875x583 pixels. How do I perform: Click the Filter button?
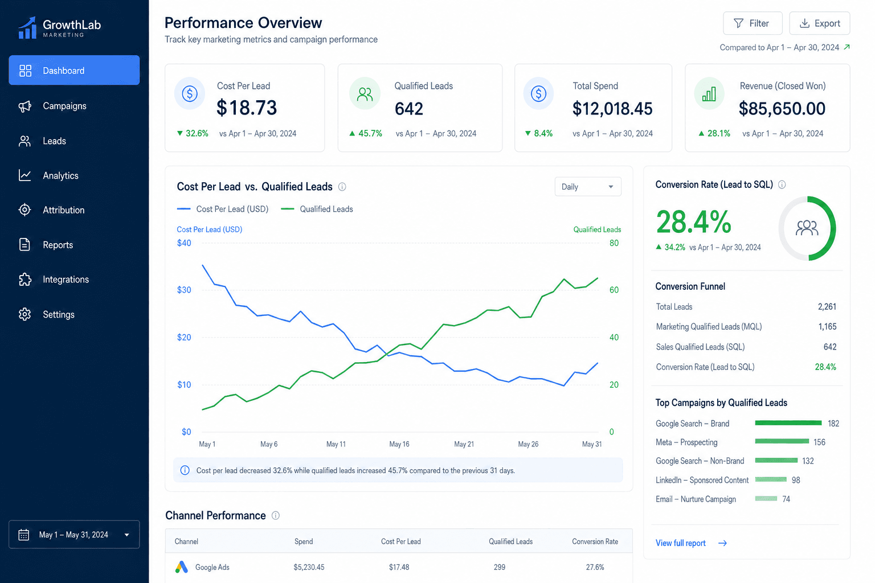(x=753, y=23)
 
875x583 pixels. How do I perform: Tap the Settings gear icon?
(x=24, y=314)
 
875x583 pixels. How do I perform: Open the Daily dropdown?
(x=587, y=187)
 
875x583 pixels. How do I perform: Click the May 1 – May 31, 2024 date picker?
(x=74, y=534)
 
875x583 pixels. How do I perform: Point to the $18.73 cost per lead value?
(x=247, y=108)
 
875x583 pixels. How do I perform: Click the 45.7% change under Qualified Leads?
(x=366, y=134)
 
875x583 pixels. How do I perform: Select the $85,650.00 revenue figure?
(x=782, y=109)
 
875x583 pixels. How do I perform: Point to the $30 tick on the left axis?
(x=184, y=290)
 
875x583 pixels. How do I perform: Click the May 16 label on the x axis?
(x=399, y=444)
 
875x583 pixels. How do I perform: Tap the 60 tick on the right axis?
(x=614, y=290)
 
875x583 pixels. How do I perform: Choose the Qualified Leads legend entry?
(x=317, y=209)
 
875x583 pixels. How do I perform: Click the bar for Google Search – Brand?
(x=788, y=423)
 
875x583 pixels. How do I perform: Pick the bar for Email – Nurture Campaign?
(x=766, y=498)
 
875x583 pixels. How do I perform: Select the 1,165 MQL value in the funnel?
(x=827, y=326)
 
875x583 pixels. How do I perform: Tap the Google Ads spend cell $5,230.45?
(x=309, y=567)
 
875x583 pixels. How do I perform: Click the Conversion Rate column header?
(x=595, y=541)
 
